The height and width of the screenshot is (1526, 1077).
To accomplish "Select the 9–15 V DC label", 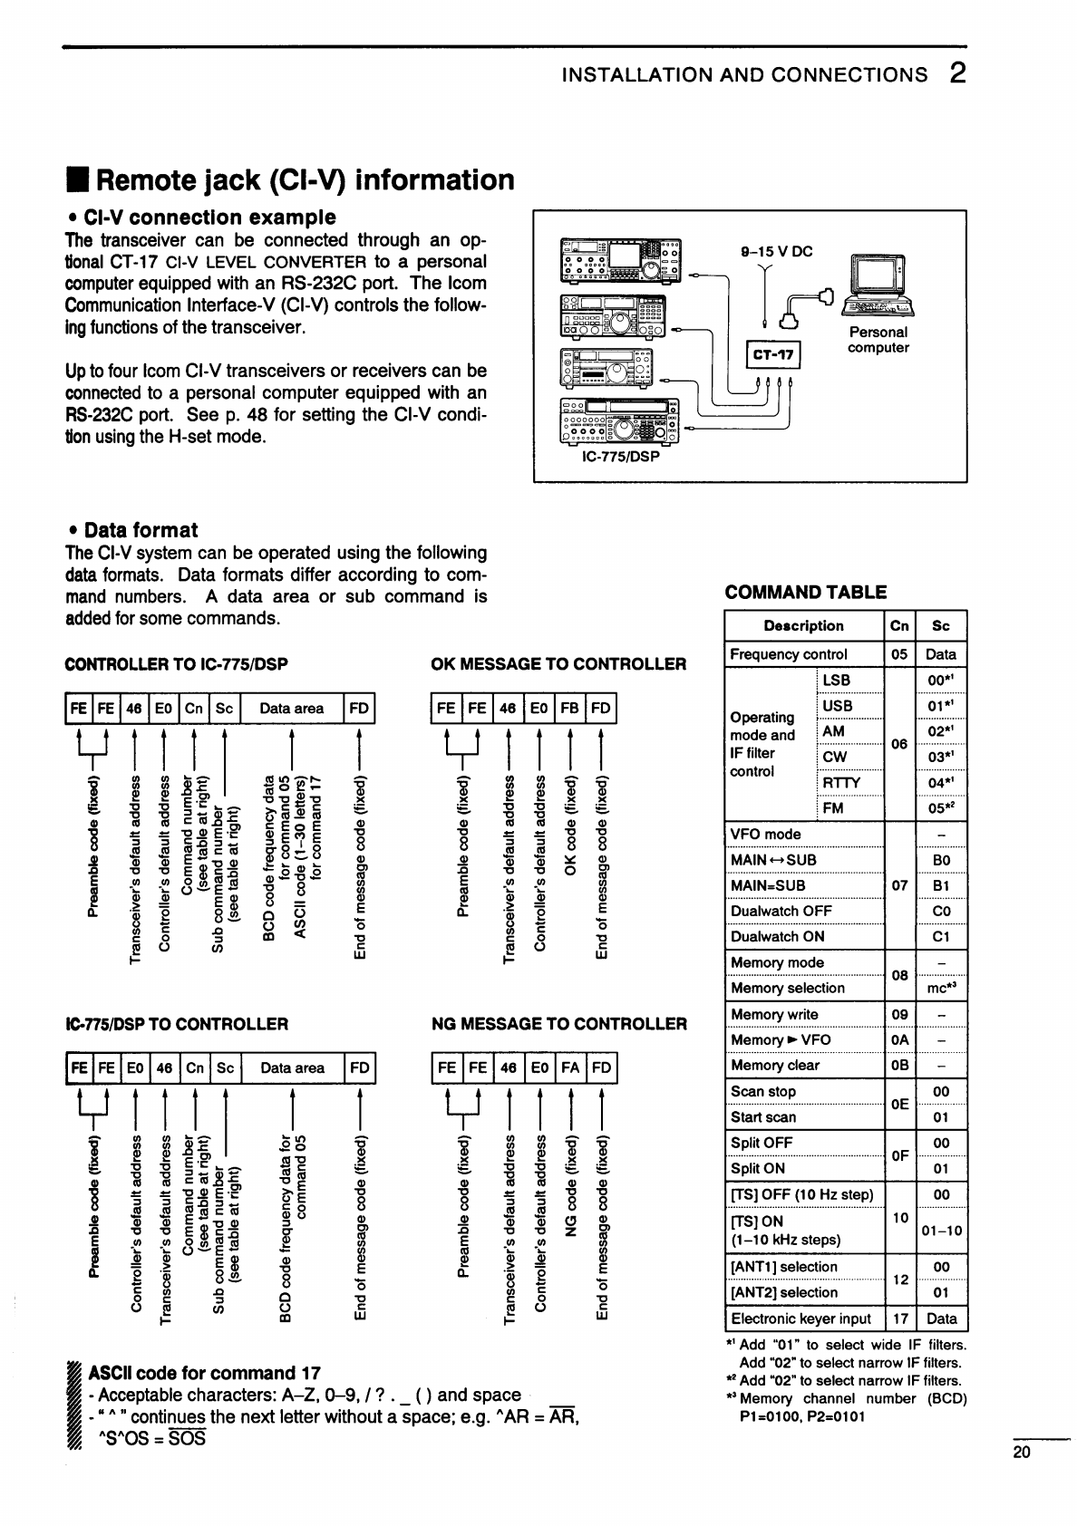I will point(777,252).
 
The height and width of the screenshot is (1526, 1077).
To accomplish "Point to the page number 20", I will point(1022,1453).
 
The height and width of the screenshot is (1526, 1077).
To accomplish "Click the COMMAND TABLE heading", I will point(806,593).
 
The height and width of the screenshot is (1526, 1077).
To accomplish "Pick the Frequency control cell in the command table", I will point(789,654).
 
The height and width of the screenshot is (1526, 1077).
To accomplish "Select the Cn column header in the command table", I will point(899,626).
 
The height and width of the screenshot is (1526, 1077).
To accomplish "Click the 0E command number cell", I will point(899,1104).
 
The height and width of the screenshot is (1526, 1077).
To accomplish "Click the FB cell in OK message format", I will point(569,709).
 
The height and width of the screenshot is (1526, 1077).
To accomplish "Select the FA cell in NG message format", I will point(570,1067).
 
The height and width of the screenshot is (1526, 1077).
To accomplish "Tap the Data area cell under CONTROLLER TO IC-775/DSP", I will point(291,709).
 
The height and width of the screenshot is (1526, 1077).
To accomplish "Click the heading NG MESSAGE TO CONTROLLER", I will point(559,1024).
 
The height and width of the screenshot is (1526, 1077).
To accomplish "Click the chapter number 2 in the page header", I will point(957,73).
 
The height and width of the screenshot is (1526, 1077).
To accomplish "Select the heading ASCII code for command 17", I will point(204,1373).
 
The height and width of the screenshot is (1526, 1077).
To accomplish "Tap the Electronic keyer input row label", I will point(800,1318).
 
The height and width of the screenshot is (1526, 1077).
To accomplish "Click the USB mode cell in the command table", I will point(837,706).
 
